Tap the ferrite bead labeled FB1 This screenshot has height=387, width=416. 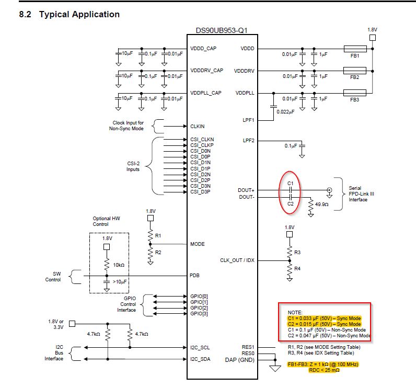tap(355, 49)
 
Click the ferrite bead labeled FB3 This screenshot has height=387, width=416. tap(355, 93)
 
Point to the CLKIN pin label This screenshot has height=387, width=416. tap(198, 126)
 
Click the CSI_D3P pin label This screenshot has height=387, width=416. tap(201, 191)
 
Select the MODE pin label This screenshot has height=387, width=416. tap(198, 244)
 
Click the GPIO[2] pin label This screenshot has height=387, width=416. tap(199, 308)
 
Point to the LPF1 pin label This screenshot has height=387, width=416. tap(248, 120)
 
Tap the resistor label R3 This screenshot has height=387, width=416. tap(297, 253)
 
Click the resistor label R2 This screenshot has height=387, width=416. tap(158, 252)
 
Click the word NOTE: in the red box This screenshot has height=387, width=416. tap(295, 312)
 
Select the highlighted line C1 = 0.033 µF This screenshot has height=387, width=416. tap(323, 318)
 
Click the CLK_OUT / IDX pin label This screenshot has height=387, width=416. tap(237, 260)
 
